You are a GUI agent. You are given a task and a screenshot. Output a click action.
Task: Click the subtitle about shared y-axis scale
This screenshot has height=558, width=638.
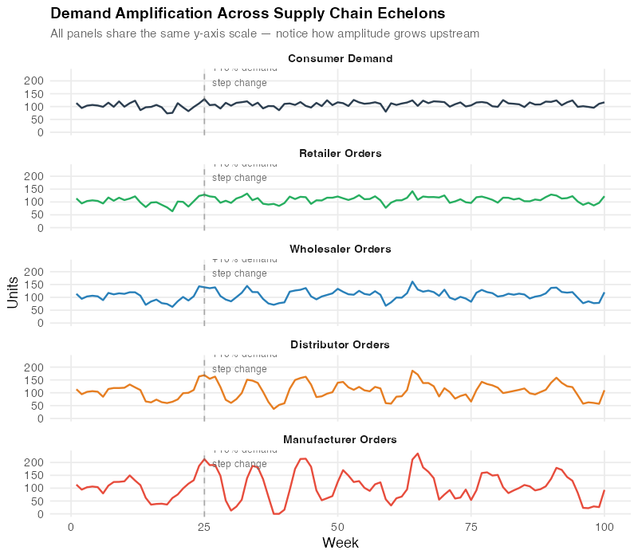click(265, 33)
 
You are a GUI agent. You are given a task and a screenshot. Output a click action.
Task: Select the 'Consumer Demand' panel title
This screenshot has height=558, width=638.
click(340, 59)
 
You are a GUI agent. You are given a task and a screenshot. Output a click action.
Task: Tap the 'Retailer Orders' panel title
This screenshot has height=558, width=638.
click(340, 153)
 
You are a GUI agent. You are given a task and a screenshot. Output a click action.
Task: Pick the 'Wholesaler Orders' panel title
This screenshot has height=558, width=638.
click(340, 249)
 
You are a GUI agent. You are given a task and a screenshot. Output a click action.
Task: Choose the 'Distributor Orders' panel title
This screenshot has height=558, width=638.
click(340, 344)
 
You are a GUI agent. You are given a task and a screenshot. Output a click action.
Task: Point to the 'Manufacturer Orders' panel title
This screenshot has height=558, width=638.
click(340, 439)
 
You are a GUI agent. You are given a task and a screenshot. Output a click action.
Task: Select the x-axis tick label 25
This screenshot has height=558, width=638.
click(204, 526)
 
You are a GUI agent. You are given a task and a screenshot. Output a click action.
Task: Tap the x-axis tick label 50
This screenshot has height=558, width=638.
click(338, 526)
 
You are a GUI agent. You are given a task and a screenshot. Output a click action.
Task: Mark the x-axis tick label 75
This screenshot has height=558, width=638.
click(471, 526)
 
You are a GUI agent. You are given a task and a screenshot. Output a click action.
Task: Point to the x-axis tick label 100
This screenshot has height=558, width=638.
click(605, 526)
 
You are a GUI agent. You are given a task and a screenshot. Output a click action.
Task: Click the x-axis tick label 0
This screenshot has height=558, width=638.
click(71, 526)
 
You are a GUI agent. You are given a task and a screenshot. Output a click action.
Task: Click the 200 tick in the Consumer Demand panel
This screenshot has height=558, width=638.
click(33, 81)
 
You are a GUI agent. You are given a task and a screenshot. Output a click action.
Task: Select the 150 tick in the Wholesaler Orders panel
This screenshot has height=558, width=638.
click(33, 285)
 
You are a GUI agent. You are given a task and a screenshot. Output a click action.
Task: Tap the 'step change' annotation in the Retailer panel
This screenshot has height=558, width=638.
click(239, 178)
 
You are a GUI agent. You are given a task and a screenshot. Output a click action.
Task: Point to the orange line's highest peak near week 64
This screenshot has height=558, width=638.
click(412, 371)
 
